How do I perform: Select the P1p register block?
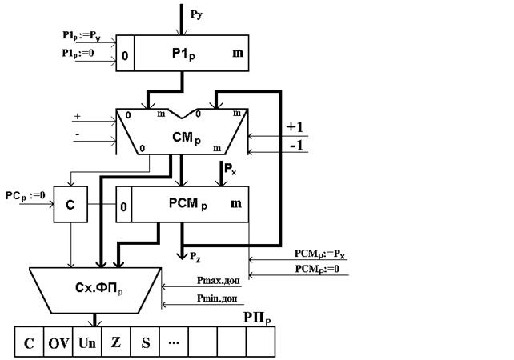click(191, 52)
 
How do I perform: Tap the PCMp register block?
click(191, 204)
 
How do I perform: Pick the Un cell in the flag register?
click(87, 344)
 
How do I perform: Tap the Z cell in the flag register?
click(116, 344)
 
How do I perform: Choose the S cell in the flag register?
click(145, 344)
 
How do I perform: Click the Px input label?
click(231, 170)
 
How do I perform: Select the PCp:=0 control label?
click(26, 194)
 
